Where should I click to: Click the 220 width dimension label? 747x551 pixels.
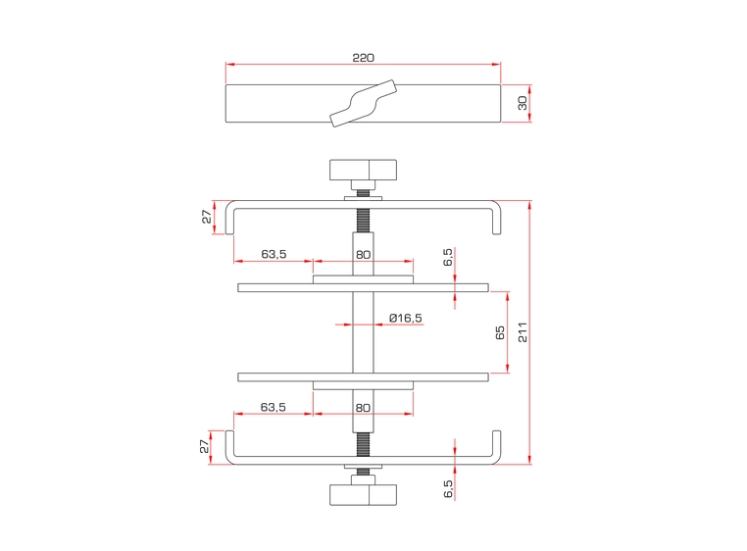click(363, 58)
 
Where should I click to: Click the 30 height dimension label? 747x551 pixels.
click(523, 102)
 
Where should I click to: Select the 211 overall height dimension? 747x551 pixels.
click(523, 332)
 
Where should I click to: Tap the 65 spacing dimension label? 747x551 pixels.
click(500, 332)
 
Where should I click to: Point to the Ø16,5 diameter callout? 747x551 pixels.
click(405, 318)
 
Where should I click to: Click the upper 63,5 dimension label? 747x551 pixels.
click(274, 254)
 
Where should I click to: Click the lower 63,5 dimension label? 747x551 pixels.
click(274, 406)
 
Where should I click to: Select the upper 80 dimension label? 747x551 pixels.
click(363, 254)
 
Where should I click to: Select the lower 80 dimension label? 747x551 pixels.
click(363, 406)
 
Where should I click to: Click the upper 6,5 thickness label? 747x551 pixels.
click(448, 258)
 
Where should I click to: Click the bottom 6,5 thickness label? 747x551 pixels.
click(448, 489)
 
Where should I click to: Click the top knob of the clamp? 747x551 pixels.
click(363, 173)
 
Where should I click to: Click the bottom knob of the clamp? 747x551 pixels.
click(363, 493)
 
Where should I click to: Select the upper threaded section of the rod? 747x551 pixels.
click(363, 220)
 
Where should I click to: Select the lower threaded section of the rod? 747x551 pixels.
click(363, 447)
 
